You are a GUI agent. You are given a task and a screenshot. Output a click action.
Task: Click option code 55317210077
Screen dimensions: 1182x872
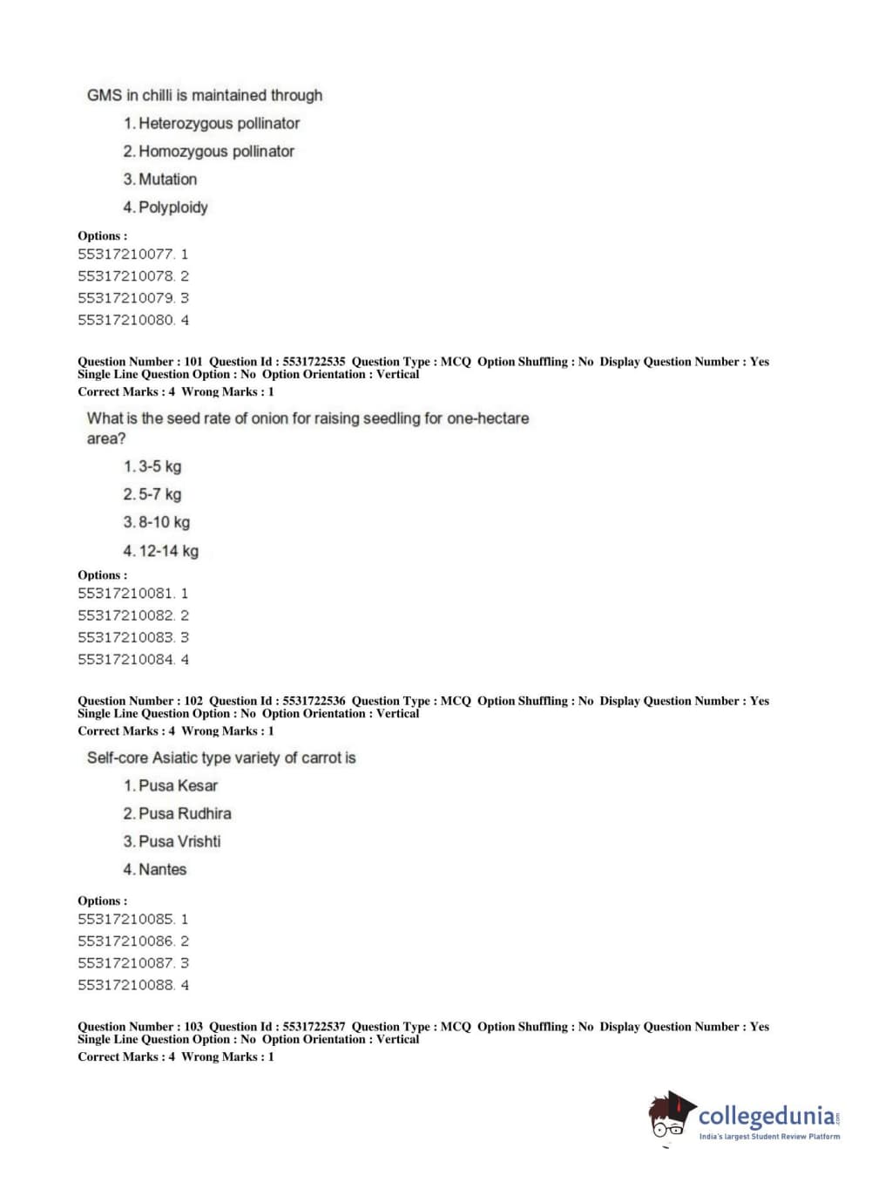click(125, 255)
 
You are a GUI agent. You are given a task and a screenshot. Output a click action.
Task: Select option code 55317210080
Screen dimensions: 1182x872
click(125, 320)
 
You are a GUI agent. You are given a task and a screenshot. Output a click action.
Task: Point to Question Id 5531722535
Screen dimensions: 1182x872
click(314, 362)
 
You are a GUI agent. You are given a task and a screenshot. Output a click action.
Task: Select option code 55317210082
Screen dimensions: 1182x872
click(125, 615)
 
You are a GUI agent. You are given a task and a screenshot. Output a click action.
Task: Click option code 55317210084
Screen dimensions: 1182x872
click(125, 660)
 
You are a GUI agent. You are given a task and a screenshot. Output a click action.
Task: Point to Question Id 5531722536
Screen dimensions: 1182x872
click(314, 701)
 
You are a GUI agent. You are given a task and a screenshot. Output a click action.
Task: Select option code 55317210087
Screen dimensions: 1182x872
click(125, 963)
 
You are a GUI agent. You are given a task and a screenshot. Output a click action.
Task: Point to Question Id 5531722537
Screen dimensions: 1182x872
click(314, 1027)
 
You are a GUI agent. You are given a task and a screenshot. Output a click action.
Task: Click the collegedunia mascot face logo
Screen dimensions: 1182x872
click(670, 1116)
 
